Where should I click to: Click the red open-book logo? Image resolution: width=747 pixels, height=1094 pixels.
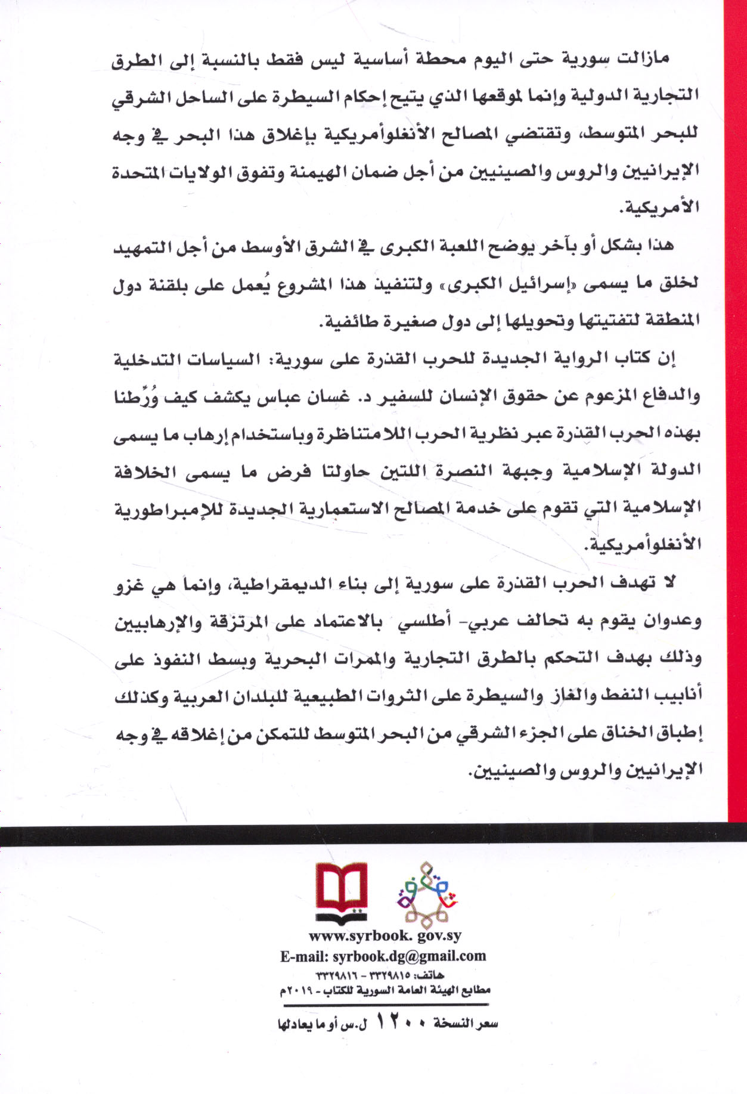tap(341, 892)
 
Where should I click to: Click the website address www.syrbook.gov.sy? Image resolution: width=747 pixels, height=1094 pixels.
tap(385, 936)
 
